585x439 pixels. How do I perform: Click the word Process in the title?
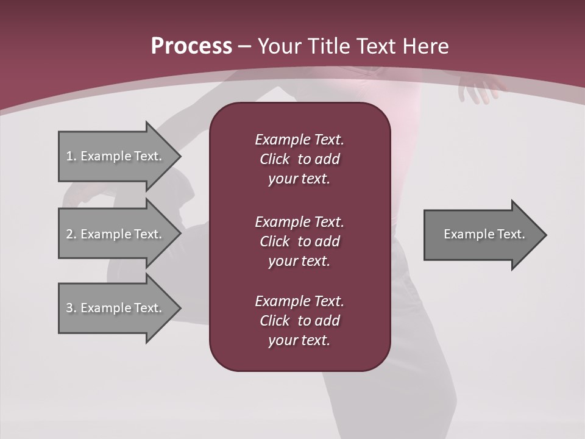click(x=191, y=46)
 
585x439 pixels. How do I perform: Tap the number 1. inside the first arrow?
click(x=71, y=156)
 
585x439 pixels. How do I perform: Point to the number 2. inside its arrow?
click(x=71, y=234)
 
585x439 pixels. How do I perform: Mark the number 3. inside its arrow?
click(x=71, y=308)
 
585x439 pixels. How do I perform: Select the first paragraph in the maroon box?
click(x=299, y=159)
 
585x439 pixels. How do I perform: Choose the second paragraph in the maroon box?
click(x=299, y=241)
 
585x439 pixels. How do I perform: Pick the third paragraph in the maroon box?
click(x=299, y=321)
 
